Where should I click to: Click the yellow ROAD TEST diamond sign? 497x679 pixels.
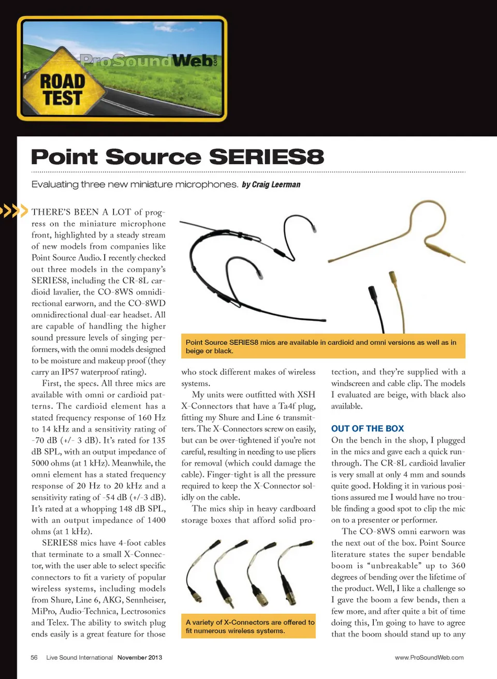[x=63, y=89]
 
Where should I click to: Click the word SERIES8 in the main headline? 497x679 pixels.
[x=266, y=157]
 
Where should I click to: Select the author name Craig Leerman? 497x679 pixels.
[x=276, y=185]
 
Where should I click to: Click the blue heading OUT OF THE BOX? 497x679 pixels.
[x=367, y=429]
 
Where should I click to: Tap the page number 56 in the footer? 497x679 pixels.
[x=34, y=657]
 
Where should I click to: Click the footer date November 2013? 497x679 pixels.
[x=139, y=657]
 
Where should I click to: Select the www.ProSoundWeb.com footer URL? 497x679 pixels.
[x=429, y=657]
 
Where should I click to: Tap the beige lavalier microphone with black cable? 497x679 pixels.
[x=386, y=306]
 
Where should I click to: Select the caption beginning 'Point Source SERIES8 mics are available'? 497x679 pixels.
[x=321, y=346]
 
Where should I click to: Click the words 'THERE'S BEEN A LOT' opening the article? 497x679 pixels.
[x=81, y=212]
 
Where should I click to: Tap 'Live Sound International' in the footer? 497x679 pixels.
[x=79, y=657]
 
